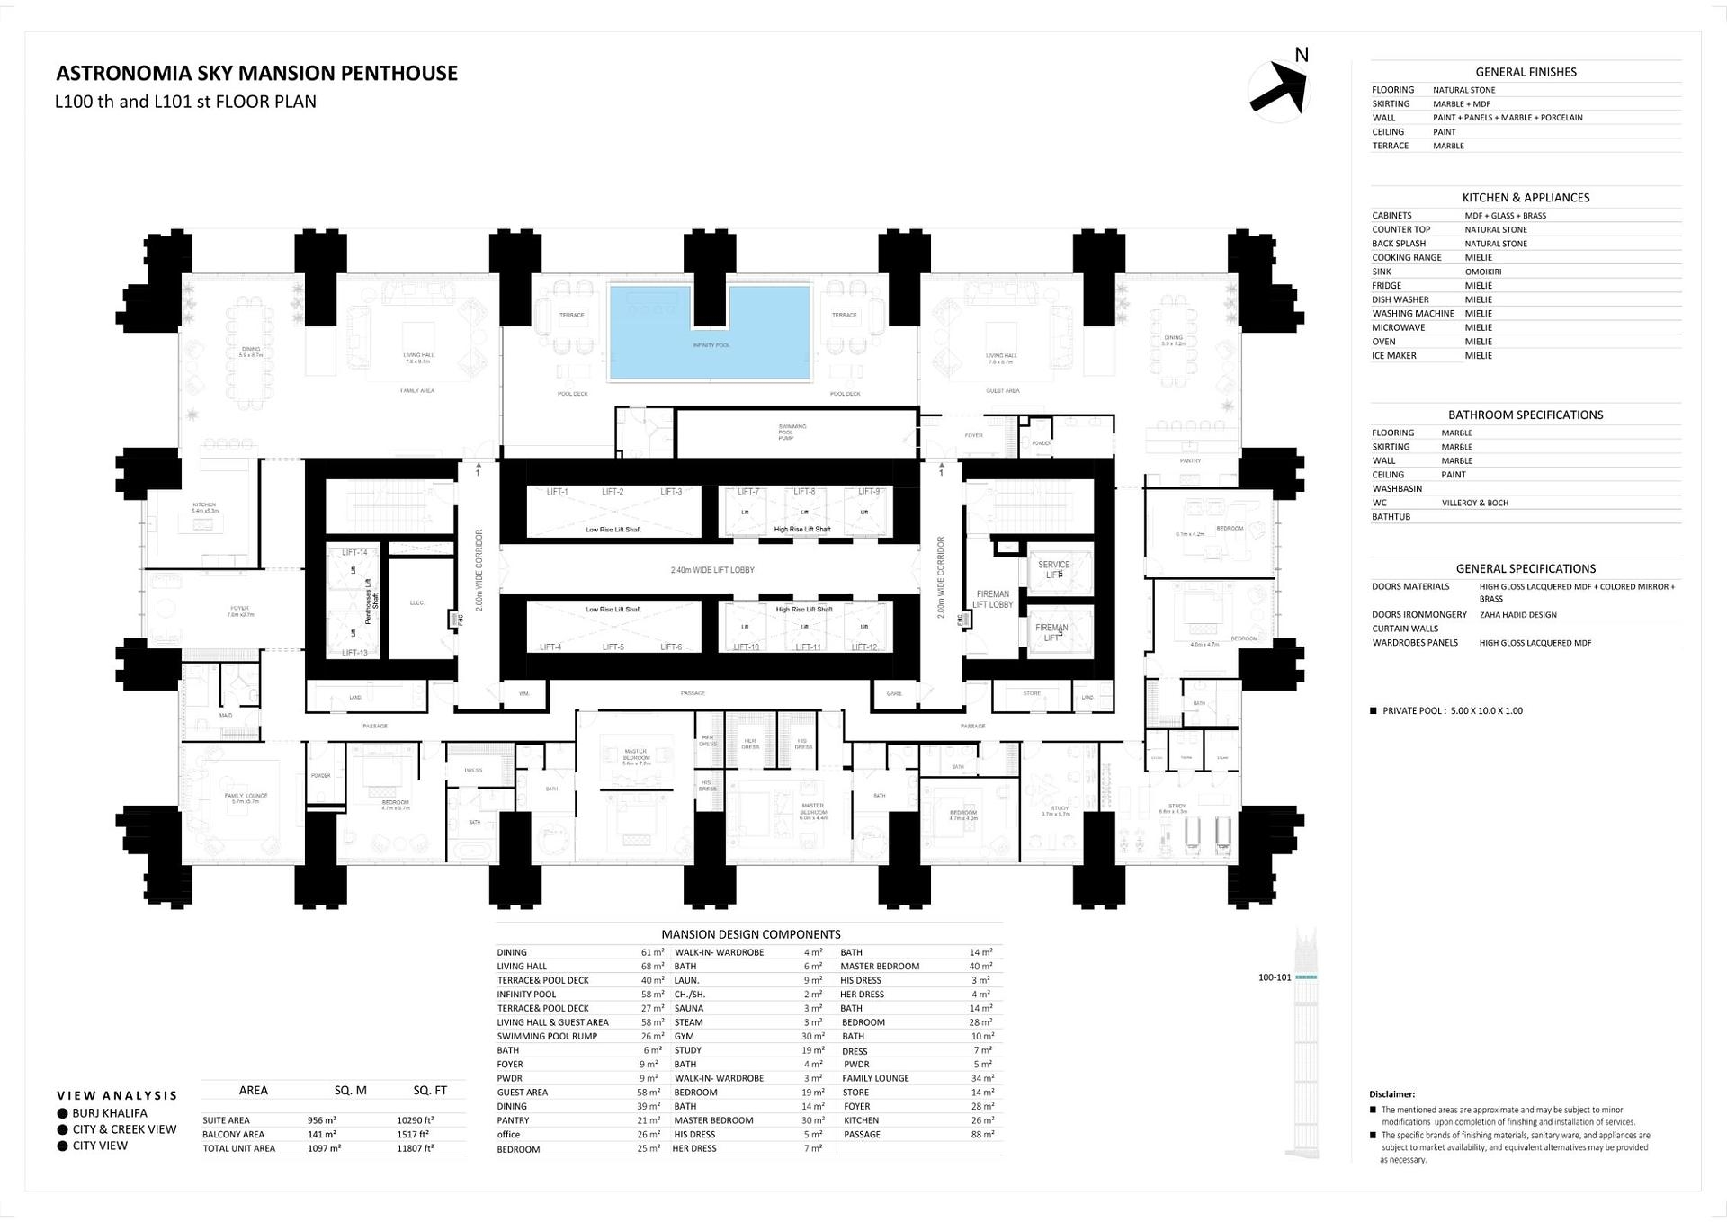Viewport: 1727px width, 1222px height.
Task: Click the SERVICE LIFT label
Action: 1053,569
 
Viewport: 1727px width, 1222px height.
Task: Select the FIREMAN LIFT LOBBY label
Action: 992,599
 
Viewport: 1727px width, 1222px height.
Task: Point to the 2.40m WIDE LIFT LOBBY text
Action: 711,570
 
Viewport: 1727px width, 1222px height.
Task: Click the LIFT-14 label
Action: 354,552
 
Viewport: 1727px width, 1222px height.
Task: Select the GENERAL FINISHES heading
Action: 1526,72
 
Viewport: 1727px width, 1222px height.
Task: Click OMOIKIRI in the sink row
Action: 1481,272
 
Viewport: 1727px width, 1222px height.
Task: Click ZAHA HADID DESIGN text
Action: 1517,615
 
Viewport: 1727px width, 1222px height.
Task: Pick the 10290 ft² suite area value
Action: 415,1120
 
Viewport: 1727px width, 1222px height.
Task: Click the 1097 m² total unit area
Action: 323,1148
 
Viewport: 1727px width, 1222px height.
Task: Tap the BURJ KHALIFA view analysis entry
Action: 110,1113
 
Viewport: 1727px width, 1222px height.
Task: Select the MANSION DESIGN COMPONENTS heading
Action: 750,934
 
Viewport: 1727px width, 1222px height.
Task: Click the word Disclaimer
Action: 1391,1094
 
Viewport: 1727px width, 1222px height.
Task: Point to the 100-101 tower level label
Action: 1274,977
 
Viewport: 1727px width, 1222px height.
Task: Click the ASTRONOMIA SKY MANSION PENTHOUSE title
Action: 256,74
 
